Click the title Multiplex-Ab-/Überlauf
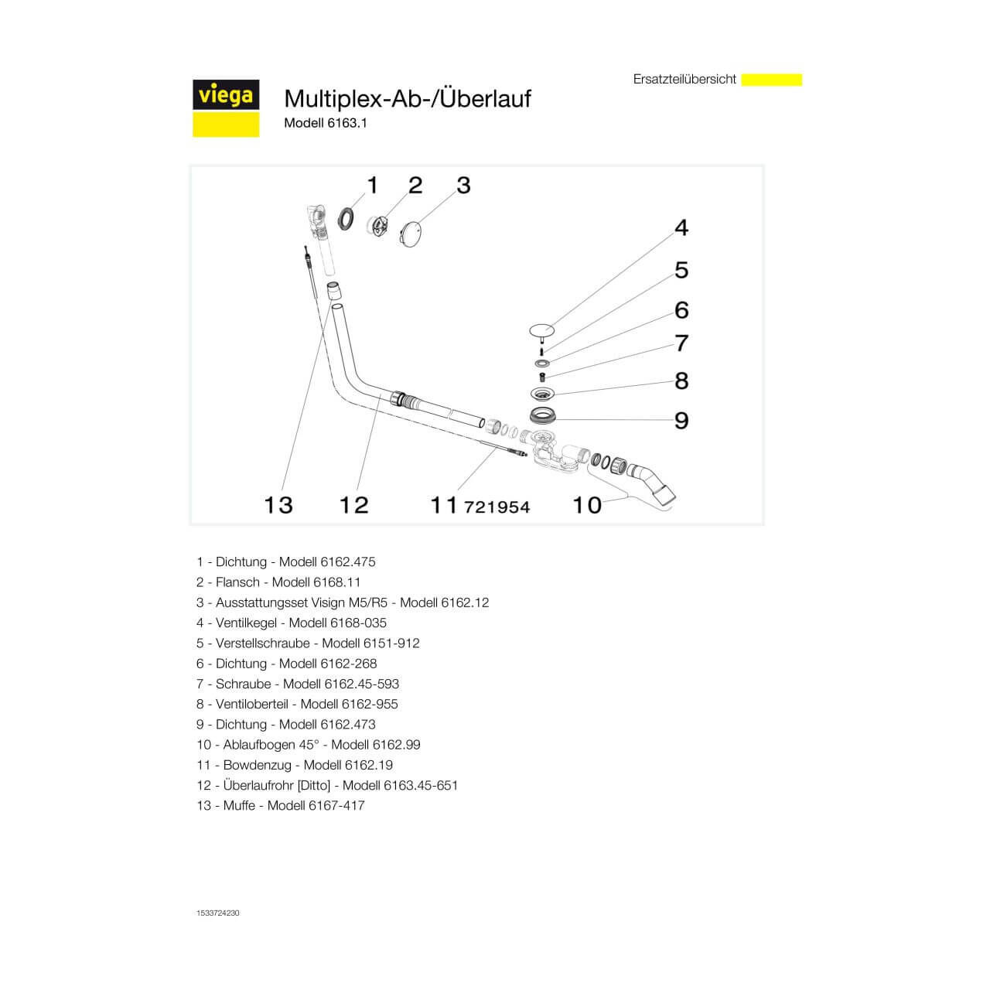[408, 99]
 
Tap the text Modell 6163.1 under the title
[325, 123]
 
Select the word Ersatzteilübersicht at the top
[684, 80]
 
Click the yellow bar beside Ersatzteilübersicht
[771, 80]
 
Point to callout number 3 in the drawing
[463, 186]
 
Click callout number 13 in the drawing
[278, 505]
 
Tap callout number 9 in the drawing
[681, 420]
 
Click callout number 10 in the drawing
[587, 505]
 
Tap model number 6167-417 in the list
[336, 805]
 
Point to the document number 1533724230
[218, 913]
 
